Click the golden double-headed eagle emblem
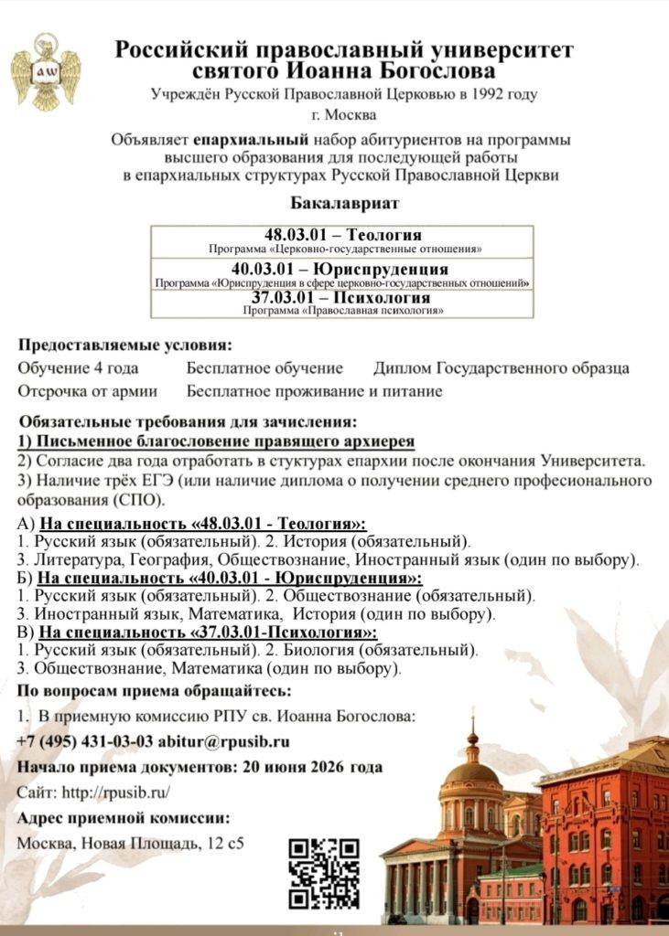(x=45, y=71)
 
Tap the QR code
(x=323, y=873)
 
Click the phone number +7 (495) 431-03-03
(x=84, y=741)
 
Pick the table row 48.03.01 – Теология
(x=343, y=240)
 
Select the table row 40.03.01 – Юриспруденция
(x=343, y=273)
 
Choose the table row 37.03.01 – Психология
(x=343, y=303)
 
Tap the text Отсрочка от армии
(x=87, y=391)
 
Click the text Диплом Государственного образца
(x=501, y=368)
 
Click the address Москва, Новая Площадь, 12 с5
(x=131, y=842)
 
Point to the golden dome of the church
(x=472, y=773)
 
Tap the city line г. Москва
(x=343, y=115)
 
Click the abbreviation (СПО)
(x=140, y=501)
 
